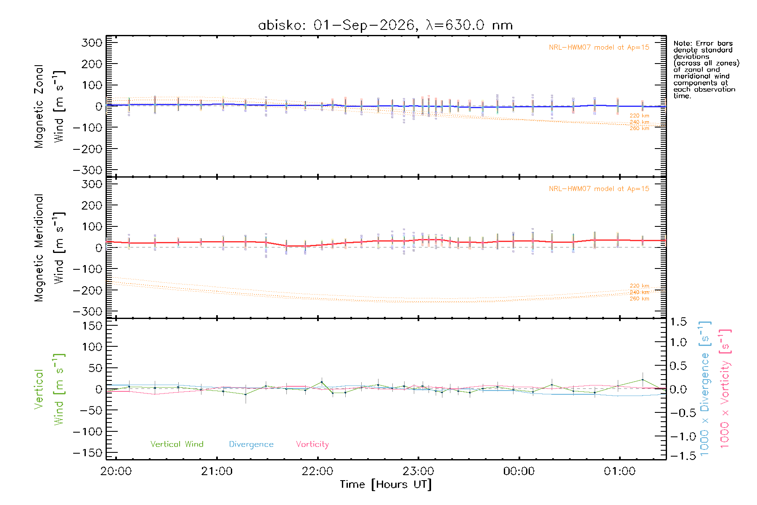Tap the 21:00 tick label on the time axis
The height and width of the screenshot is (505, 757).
click(x=217, y=471)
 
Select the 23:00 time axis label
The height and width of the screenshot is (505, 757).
click(x=418, y=471)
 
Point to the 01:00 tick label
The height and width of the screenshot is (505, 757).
click(x=619, y=471)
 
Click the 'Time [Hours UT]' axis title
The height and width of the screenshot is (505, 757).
click(x=386, y=485)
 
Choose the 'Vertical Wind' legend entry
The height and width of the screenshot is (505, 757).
click(x=177, y=444)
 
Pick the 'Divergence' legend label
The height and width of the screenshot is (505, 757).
click(x=251, y=444)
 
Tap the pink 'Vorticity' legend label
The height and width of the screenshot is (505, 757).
click(x=312, y=444)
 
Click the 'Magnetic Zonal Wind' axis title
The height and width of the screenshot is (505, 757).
click(x=50, y=106)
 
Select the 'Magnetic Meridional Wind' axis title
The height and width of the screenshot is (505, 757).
click(x=50, y=248)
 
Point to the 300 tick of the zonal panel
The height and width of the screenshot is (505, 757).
click(x=92, y=43)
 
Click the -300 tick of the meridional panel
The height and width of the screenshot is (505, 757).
click(x=87, y=311)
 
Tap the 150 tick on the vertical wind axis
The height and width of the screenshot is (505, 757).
click(x=92, y=326)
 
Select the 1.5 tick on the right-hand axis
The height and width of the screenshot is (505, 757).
click(x=678, y=322)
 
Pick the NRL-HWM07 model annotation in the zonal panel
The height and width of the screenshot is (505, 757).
click(x=599, y=48)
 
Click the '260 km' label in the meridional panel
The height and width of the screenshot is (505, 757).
click(x=639, y=299)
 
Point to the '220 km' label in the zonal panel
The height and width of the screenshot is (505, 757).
click(x=639, y=116)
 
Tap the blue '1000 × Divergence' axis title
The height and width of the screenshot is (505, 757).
click(x=704, y=388)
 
